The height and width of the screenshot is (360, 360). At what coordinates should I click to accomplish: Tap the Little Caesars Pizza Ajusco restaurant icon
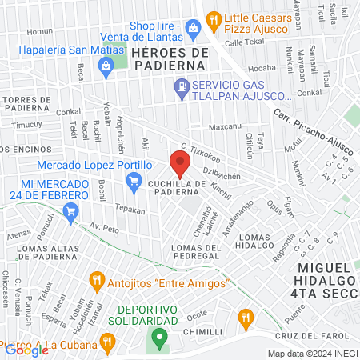click(213, 18)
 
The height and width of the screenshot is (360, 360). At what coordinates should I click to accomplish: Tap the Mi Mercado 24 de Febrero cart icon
click(70, 211)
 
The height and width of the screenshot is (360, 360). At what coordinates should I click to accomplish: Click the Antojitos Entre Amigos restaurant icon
click(97, 280)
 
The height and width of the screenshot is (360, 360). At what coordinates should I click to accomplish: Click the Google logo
click(26, 350)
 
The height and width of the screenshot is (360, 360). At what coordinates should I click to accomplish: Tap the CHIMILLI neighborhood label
click(202, 331)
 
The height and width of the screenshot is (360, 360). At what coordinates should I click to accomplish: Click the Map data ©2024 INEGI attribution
click(312, 353)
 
